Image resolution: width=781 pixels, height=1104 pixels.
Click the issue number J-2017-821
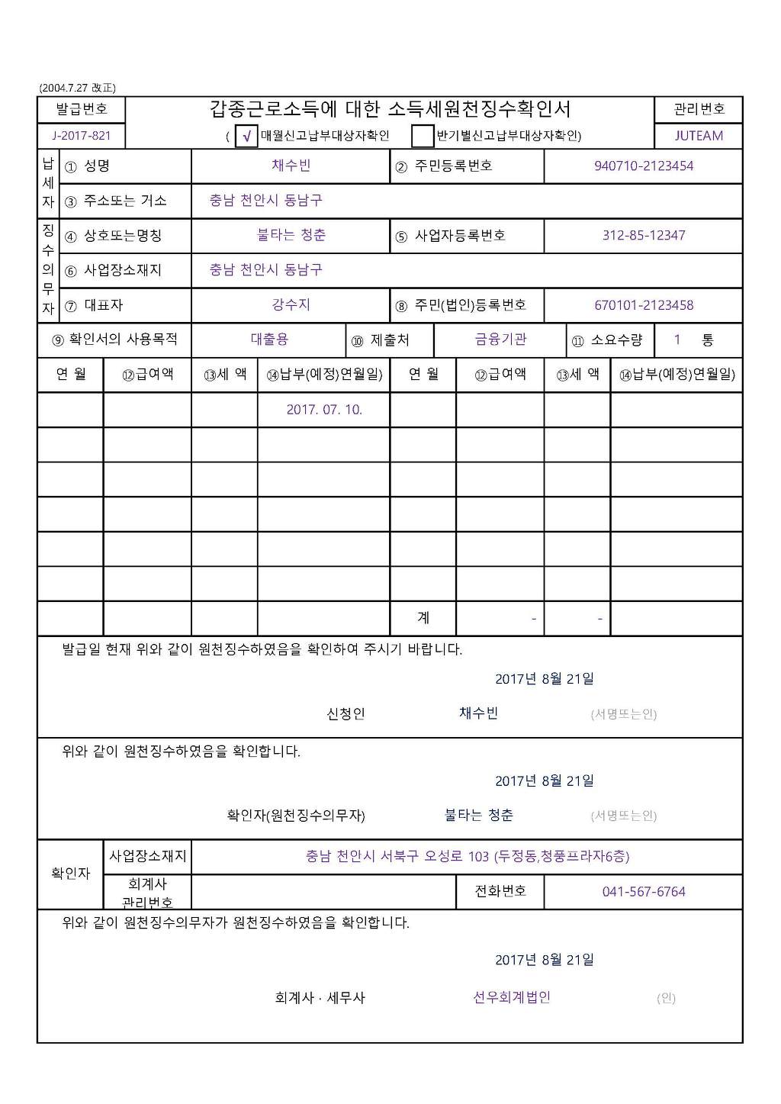click(81, 136)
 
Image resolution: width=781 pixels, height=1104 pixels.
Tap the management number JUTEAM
click(698, 136)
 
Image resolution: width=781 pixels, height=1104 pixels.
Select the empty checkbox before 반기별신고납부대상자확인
click(422, 136)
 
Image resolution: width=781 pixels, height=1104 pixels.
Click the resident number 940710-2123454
click(644, 166)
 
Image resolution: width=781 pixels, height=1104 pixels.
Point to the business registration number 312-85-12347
click(644, 235)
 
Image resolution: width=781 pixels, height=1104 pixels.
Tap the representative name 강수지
click(291, 304)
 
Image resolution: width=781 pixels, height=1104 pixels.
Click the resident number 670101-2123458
click(644, 305)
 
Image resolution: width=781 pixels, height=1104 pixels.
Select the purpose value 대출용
click(269, 340)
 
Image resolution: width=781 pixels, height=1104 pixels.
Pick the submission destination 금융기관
click(500, 340)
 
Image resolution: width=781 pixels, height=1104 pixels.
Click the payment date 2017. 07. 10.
click(324, 410)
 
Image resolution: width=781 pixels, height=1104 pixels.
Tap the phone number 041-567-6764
click(644, 891)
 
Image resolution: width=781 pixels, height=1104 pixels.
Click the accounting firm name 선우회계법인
click(512, 997)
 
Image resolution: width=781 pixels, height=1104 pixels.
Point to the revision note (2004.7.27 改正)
click(78, 88)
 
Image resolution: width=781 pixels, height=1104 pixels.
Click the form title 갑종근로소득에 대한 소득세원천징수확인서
click(390, 109)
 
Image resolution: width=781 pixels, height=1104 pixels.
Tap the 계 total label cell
click(423, 617)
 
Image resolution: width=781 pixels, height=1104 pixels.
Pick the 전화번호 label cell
click(500, 891)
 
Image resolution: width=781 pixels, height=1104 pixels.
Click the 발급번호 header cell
click(81, 109)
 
